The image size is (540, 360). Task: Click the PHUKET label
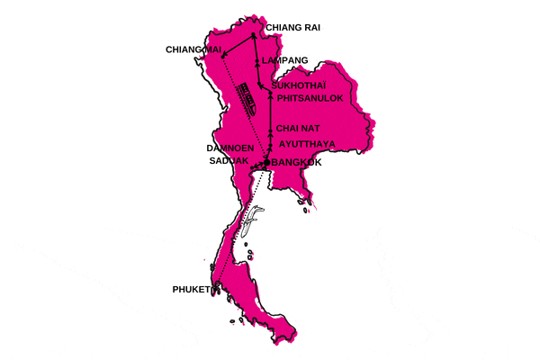(x=191, y=290)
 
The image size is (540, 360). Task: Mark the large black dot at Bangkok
(x=266, y=162)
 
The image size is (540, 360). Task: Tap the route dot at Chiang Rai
(x=254, y=37)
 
